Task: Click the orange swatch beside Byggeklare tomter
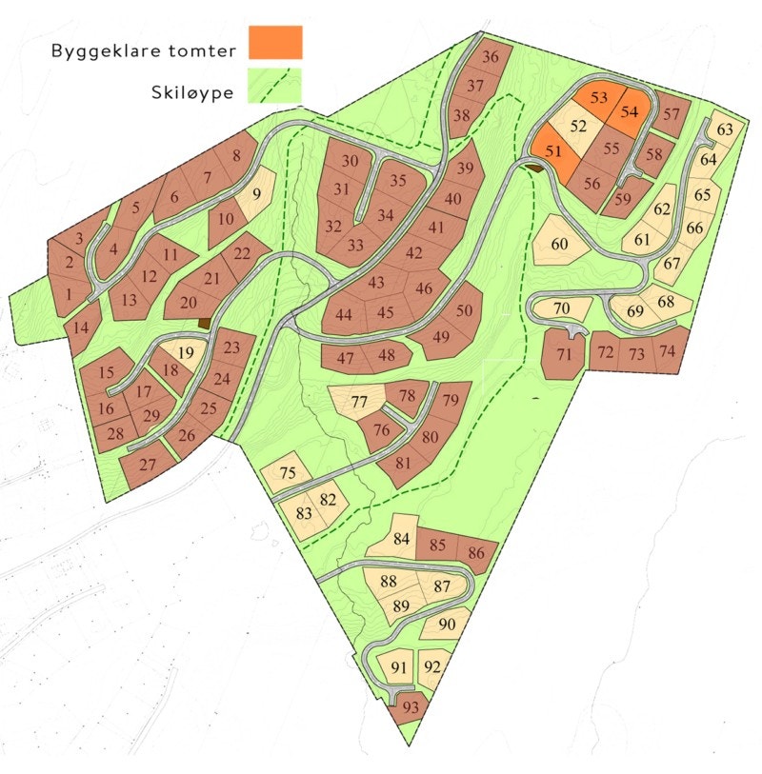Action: pyautogui.click(x=274, y=43)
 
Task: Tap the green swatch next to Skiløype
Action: pyautogui.click(x=274, y=85)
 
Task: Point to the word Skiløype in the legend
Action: pyautogui.click(x=191, y=93)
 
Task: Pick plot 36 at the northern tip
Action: pyautogui.click(x=491, y=57)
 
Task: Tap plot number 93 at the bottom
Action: pyautogui.click(x=410, y=707)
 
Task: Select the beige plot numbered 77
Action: pyautogui.click(x=358, y=402)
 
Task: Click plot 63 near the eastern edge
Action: pyautogui.click(x=726, y=129)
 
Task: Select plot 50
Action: pyautogui.click(x=464, y=311)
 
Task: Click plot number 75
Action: pyautogui.click(x=288, y=473)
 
